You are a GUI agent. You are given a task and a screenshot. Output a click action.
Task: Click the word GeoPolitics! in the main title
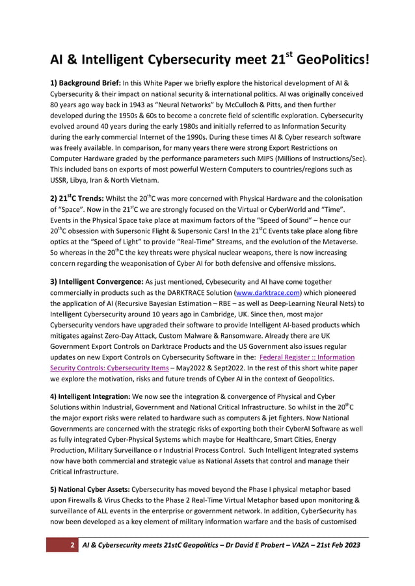(x=334, y=60)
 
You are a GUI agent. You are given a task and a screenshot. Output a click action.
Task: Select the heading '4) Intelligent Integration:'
(x=95, y=396)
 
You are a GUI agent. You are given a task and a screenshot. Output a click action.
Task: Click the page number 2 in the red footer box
(x=72, y=544)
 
